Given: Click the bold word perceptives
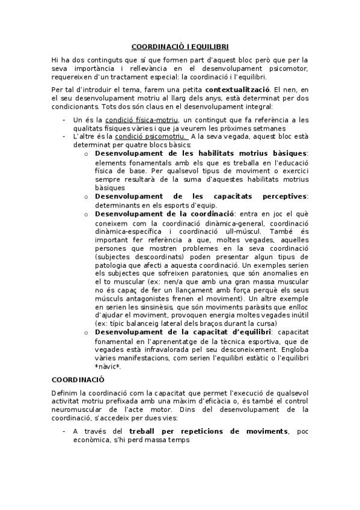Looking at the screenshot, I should click(284, 196).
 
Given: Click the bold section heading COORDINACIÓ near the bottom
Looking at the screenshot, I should click(78, 379).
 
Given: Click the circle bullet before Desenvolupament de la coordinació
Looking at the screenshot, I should click(87, 214).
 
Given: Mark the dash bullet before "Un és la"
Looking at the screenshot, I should click(64, 120).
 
